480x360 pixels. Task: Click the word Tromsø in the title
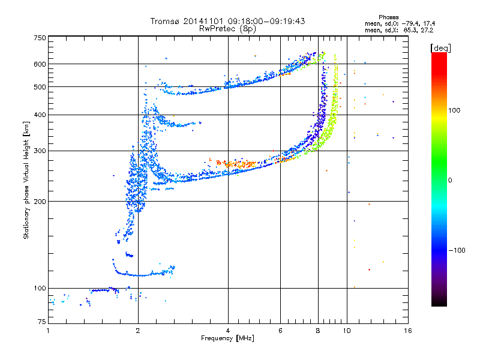tap(166, 21)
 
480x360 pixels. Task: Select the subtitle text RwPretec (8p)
tap(227, 29)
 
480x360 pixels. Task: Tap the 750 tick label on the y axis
tap(40, 38)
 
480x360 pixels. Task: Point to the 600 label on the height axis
tap(40, 64)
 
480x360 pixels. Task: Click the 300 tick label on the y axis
tap(40, 151)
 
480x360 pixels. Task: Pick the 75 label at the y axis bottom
tap(42, 322)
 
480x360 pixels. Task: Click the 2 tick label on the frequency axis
tap(138, 331)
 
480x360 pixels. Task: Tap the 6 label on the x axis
tap(280, 331)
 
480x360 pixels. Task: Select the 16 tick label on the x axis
tap(408, 331)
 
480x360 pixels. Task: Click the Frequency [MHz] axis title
tap(227, 338)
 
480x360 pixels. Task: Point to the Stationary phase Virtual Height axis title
tap(26, 180)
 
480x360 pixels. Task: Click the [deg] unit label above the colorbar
tap(440, 48)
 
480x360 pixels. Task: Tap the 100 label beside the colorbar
tap(454, 110)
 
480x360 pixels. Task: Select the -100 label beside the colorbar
tap(457, 250)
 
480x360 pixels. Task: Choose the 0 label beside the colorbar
tap(450, 180)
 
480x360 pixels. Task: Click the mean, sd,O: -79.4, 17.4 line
tap(400, 23)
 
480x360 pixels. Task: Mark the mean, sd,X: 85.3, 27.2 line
tap(399, 30)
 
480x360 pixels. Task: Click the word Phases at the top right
tap(388, 17)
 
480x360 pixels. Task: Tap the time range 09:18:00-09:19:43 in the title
tap(266, 21)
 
